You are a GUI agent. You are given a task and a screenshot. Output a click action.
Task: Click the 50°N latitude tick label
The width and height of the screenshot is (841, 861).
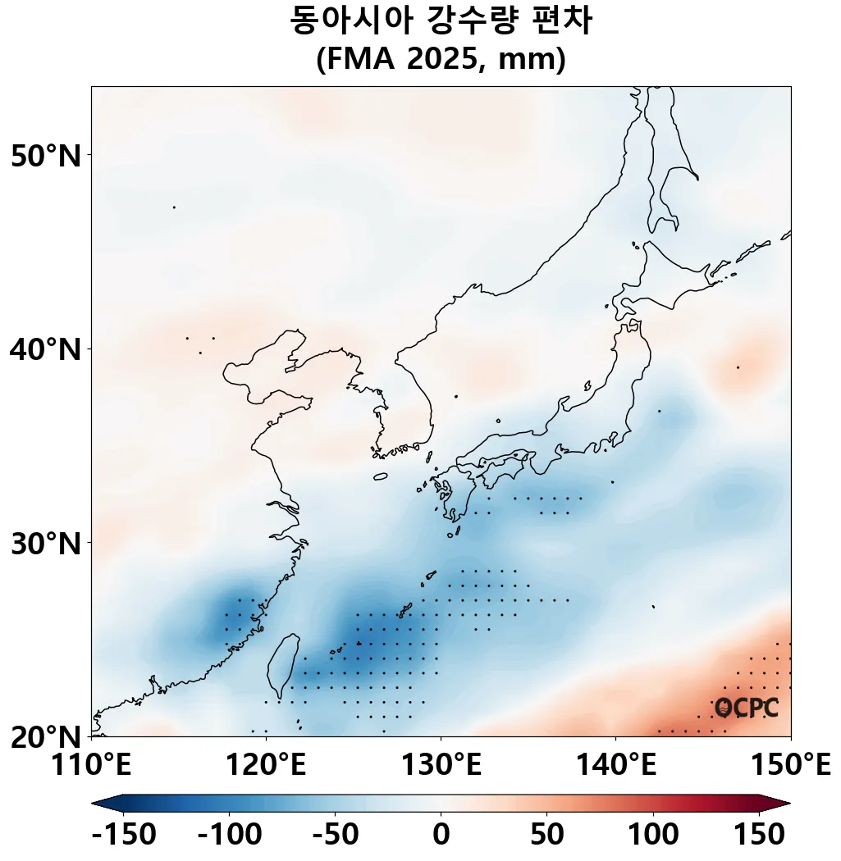[x=46, y=156]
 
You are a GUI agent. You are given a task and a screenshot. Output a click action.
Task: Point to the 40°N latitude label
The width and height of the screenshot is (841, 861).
[x=46, y=350]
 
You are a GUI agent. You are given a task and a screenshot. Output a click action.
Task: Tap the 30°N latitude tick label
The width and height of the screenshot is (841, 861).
[x=46, y=543]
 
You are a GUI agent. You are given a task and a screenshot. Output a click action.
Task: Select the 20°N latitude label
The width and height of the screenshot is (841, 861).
[x=46, y=737]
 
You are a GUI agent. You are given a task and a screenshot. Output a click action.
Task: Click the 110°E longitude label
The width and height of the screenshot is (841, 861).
[x=91, y=767]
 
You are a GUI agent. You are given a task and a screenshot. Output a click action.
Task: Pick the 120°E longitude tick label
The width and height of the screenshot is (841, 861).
[x=266, y=767]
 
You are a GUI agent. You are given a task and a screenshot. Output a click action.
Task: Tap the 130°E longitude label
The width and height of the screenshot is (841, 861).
[x=441, y=767]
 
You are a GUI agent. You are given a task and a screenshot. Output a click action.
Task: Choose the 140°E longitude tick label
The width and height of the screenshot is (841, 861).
[x=615, y=767]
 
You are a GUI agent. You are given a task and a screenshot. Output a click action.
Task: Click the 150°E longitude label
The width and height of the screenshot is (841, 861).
[x=790, y=767]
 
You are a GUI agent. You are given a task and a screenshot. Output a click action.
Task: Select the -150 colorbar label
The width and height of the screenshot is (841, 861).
[x=124, y=835]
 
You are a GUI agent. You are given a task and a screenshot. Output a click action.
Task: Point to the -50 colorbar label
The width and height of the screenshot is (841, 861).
[x=336, y=835]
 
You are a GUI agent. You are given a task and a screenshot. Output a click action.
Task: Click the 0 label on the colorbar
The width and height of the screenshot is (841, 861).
[x=441, y=835]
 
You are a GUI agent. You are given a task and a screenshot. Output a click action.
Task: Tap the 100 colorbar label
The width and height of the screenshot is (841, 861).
[x=653, y=835]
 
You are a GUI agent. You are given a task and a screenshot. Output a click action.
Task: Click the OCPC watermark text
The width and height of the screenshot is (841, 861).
[x=746, y=707]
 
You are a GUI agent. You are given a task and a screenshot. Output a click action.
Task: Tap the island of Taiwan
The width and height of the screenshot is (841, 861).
[x=281, y=660]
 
